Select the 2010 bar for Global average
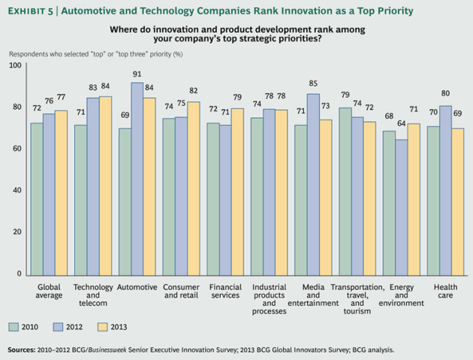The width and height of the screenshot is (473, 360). pyautogui.click(x=36, y=199)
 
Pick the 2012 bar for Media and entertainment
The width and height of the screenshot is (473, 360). pyautogui.click(x=313, y=185)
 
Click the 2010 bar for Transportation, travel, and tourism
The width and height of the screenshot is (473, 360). pyautogui.click(x=345, y=192)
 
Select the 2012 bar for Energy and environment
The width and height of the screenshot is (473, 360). pyautogui.click(x=402, y=207)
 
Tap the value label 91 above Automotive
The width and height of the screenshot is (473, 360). pyautogui.click(x=138, y=74)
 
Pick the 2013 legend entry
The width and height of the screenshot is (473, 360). pyautogui.click(x=116, y=326)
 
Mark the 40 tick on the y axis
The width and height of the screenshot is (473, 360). pyautogui.click(x=16, y=192)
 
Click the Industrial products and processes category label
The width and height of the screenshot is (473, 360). pyautogui.click(x=269, y=298)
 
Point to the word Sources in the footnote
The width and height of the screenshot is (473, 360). pyautogui.click(x=22, y=349)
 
